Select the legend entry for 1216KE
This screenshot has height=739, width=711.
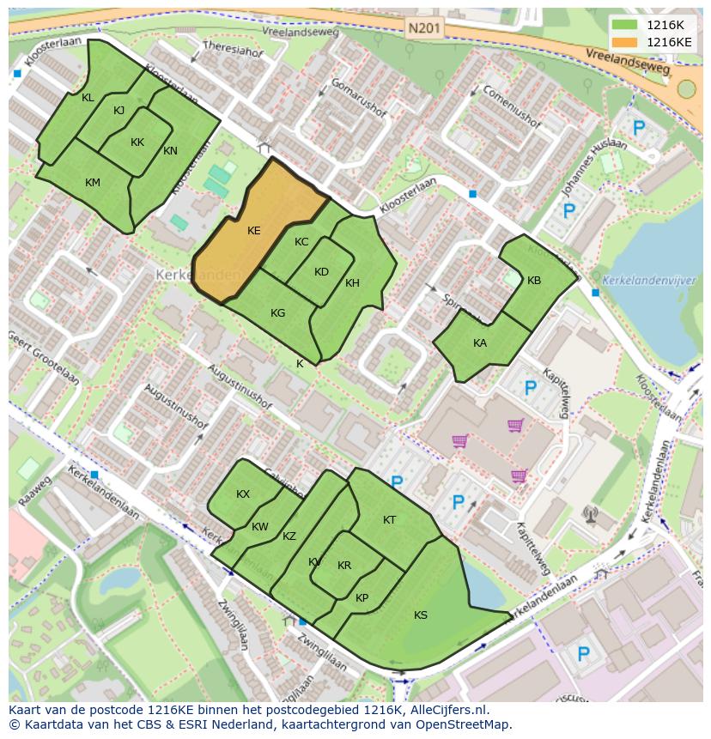pos(668,41)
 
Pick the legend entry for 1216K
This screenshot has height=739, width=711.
pos(665,25)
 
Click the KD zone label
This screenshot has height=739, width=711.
pos(321,272)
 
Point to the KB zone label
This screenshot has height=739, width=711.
pos(534,281)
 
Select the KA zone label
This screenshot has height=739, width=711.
pos(480,342)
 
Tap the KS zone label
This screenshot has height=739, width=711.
pos(421,615)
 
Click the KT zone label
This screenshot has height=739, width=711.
pos(389,520)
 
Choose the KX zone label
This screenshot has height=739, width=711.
pos(243,494)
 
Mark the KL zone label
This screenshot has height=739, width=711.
pos(88,98)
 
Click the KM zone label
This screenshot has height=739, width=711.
pos(93,183)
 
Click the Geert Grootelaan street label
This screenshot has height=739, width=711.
pos(44,360)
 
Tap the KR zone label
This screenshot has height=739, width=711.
pos(344,566)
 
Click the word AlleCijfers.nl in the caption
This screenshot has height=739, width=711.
pos(447,710)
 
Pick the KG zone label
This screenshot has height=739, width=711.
pos(277,313)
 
